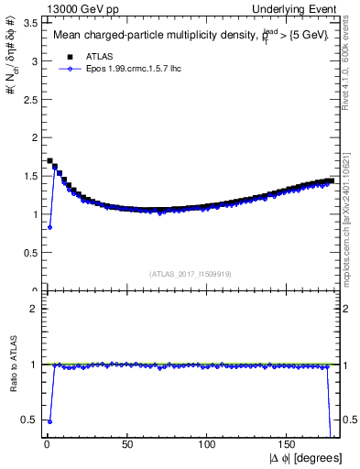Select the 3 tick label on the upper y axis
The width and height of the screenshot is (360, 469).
[32, 61]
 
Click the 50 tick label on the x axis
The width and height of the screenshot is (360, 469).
[127, 445]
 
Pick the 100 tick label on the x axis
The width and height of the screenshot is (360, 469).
[208, 445]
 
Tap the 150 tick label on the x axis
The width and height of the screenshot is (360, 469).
[288, 445]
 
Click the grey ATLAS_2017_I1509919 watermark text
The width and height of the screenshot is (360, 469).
[189, 273]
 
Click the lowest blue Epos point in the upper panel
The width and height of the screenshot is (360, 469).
[49, 227]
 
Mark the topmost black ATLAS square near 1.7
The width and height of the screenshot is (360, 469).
[49, 161]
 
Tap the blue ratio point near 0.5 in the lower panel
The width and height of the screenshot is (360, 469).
[49, 421]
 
